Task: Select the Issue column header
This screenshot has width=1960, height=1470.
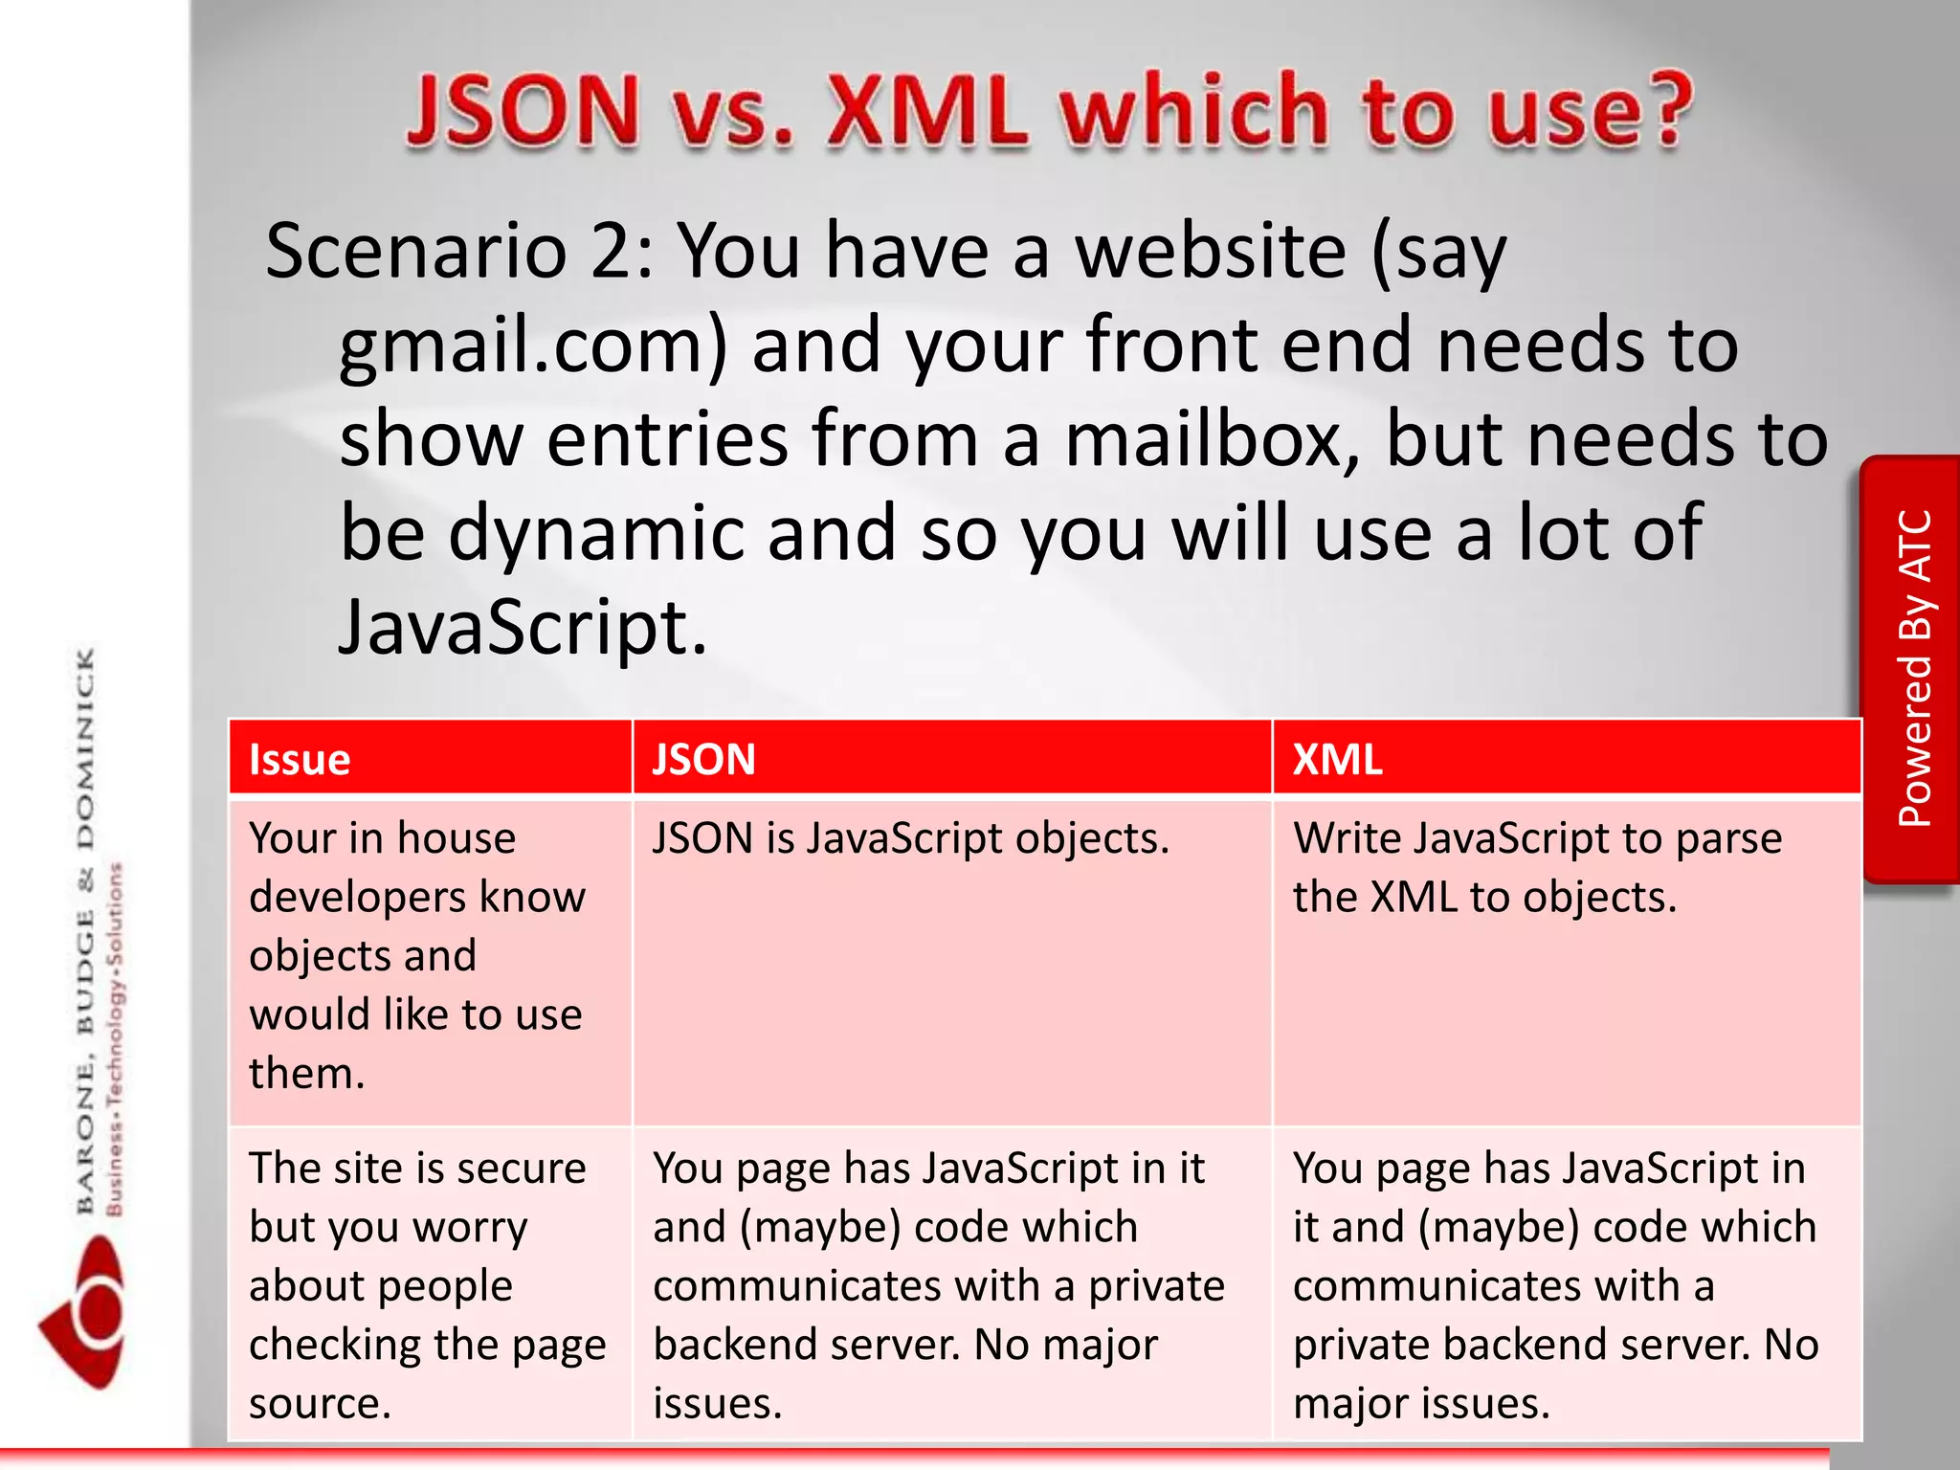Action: [300, 759]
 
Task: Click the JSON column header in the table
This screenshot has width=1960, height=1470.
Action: [703, 759]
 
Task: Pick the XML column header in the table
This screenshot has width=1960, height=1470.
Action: [1337, 759]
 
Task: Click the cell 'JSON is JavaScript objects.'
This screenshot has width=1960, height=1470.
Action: [910, 839]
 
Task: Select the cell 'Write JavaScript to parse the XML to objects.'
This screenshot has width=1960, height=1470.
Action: [1536, 867]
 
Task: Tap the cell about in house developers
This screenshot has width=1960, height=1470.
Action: [417, 955]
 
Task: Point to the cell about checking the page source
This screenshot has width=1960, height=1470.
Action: [427, 1284]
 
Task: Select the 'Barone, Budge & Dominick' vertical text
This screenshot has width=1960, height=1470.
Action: [86, 928]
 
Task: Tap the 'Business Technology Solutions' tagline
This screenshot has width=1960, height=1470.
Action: [115, 1038]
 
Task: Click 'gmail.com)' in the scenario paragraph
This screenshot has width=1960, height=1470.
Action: [533, 346]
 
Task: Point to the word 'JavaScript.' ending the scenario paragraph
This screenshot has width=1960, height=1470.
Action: [523, 629]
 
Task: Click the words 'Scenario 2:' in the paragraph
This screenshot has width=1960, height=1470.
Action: [459, 252]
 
